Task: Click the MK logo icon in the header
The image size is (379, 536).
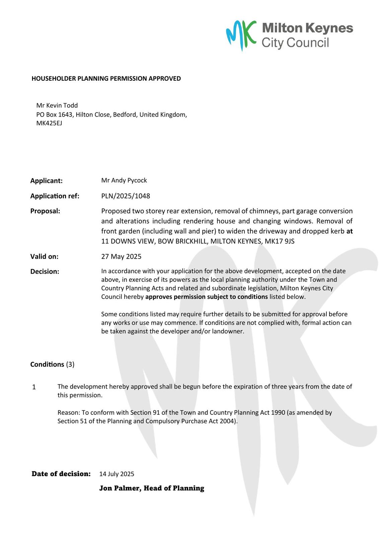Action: [x=241, y=35]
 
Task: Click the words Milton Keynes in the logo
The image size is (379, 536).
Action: [x=307, y=28]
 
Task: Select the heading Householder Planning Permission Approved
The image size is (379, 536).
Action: [x=106, y=78]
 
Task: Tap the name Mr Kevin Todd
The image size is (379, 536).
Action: [x=57, y=105]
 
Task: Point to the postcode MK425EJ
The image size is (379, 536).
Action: [x=49, y=123]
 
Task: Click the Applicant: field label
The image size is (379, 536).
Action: [x=47, y=181]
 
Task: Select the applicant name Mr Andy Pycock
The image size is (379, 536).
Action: [x=124, y=180]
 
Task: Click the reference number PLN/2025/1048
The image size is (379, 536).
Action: [x=126, y=196]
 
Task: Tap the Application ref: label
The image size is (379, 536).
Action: [x=55, y=196]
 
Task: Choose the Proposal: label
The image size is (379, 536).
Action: [x=45, y=211]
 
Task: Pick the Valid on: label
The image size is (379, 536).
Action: [x=44, y=257]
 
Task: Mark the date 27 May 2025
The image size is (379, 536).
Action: [x=121, y=257]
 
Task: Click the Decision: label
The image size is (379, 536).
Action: [x=45, y=272]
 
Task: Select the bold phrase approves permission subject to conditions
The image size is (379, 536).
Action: [x=207, y=297]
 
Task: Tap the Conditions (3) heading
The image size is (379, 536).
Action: [x=52, y=364]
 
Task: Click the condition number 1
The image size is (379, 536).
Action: [x=34, y=387]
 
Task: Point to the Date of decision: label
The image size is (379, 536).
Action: [x=61, y=474]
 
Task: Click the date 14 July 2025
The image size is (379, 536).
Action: [x=117, y=474]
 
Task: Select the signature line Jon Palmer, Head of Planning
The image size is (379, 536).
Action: [x=152, y=488]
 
